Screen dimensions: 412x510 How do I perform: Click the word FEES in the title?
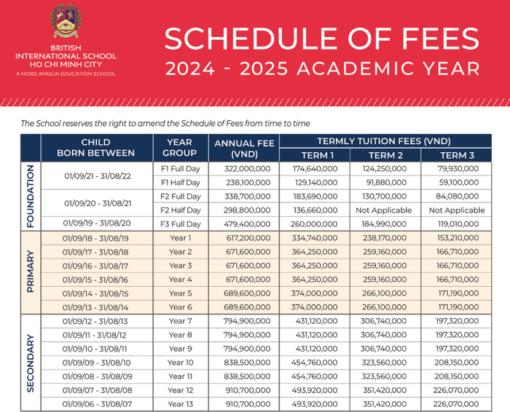coord(433,39)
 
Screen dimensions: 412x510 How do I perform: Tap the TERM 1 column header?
coord(317,156)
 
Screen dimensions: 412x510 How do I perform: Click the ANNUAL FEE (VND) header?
coord(244,148)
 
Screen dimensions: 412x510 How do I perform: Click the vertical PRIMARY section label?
coord(31,272)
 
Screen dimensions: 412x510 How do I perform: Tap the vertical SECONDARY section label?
coord(31,363)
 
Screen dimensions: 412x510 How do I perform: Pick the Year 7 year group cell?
coord(180,321)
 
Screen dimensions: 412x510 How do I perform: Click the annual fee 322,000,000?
coord(244,168)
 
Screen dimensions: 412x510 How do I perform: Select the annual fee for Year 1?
coord(244,237)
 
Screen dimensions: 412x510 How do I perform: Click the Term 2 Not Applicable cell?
coord(386,210)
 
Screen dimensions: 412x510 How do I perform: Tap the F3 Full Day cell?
coord(180,223)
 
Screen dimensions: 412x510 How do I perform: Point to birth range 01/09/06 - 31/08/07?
coord(96,404)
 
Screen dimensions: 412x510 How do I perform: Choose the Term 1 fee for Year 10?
coord(317,363)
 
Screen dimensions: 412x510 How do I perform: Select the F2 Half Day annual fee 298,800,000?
coord(244,210)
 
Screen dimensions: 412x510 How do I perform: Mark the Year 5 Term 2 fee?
coord(386,293)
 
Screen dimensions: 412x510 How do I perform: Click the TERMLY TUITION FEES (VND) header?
coord(384,141)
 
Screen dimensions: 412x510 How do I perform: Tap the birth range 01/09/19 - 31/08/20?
coord(96,223)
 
